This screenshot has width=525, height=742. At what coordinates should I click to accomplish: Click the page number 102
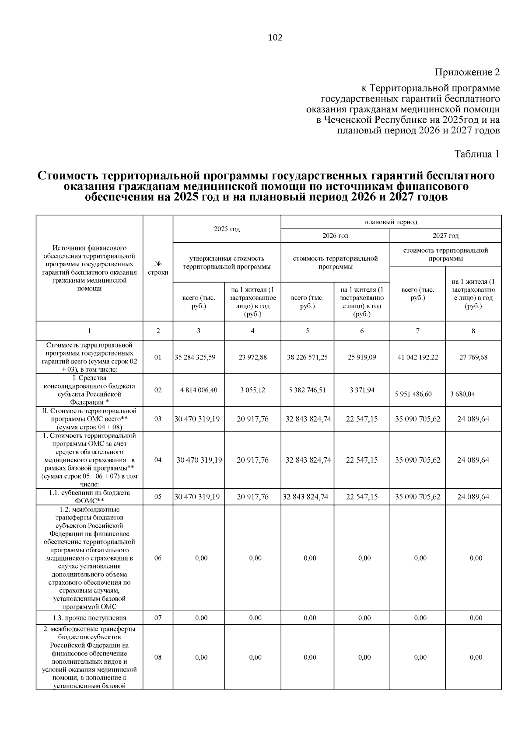pos(275,38)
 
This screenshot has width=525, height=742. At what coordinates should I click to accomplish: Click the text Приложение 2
pos(467,72)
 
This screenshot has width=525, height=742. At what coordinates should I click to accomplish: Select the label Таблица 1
pos(476,154)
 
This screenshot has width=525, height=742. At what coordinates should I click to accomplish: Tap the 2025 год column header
pos(227,229)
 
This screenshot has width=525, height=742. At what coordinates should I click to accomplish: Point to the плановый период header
pos(391,222)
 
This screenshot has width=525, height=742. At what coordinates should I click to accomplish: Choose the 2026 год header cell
pos(335,236)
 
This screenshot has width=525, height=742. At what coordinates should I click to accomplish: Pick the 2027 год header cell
pos(445,236)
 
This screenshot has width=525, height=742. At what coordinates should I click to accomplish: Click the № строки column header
pos(158,268)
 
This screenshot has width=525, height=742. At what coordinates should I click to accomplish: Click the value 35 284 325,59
pos(195,357)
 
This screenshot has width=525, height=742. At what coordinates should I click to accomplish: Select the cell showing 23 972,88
pos(252,357)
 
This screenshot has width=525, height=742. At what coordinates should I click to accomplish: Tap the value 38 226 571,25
pos(307,357)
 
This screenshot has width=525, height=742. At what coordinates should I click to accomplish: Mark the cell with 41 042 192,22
pos(417,357)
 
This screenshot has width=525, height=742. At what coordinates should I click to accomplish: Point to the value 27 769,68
pos(473,357)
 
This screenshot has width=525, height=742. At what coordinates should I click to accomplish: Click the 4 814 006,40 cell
pos(199,390)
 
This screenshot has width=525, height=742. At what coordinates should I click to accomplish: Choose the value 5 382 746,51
pos(307,390)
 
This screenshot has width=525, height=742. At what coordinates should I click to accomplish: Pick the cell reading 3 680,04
pos(462,394)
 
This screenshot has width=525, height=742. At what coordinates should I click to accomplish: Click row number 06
pos(158,558)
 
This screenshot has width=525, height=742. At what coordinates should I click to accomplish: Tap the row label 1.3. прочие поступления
pos(89,618)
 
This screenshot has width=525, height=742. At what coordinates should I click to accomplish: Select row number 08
pos(158,657)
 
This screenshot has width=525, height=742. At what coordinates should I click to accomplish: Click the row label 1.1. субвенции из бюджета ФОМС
pos(89,497)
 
